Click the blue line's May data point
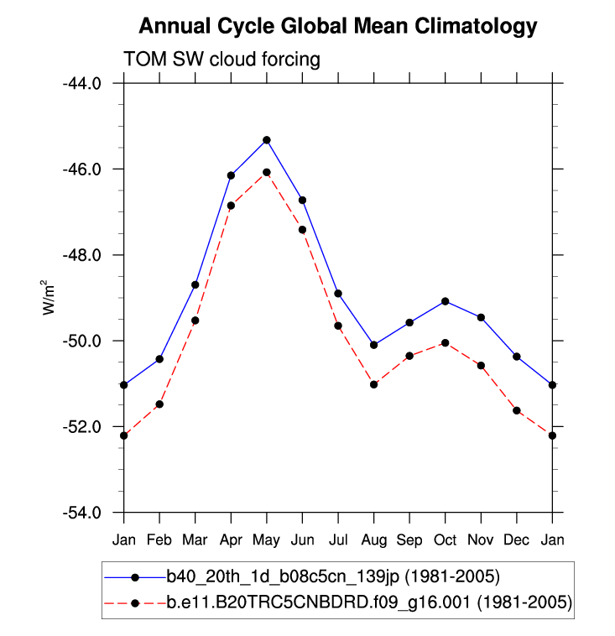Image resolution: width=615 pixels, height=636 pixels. pos(266,139)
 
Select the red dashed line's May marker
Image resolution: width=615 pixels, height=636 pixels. pos(266,172)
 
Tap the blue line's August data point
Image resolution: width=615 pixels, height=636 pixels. pos(373,345)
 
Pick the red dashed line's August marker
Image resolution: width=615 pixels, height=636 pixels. pos(373,384)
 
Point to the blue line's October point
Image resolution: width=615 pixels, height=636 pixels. pos(445,301)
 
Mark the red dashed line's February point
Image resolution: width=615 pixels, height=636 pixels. pos(159,404)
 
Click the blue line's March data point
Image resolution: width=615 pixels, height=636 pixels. pos(195,284)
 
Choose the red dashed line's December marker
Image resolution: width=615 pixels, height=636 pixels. pos(517,410)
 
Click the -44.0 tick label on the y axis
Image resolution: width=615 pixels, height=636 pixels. pos(82,83)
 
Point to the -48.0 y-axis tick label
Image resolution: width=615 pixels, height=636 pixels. pos(82,255)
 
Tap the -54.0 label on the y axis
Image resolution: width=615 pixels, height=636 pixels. pos(82,513)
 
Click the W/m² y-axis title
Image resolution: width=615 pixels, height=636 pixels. pos(50,298)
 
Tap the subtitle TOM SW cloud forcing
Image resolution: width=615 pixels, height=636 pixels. pos(222,60)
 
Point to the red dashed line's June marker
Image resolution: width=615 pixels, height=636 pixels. pos(302,229)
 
